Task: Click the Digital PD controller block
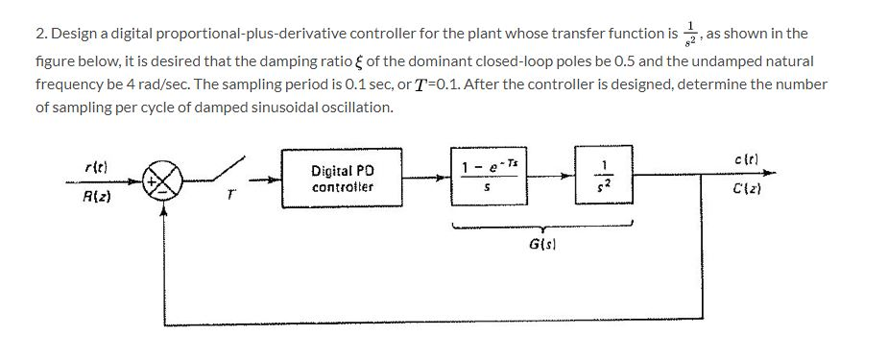(x=343, y=178)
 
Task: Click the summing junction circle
(x=160, y=178)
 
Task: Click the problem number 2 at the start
(x=39, y=34)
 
